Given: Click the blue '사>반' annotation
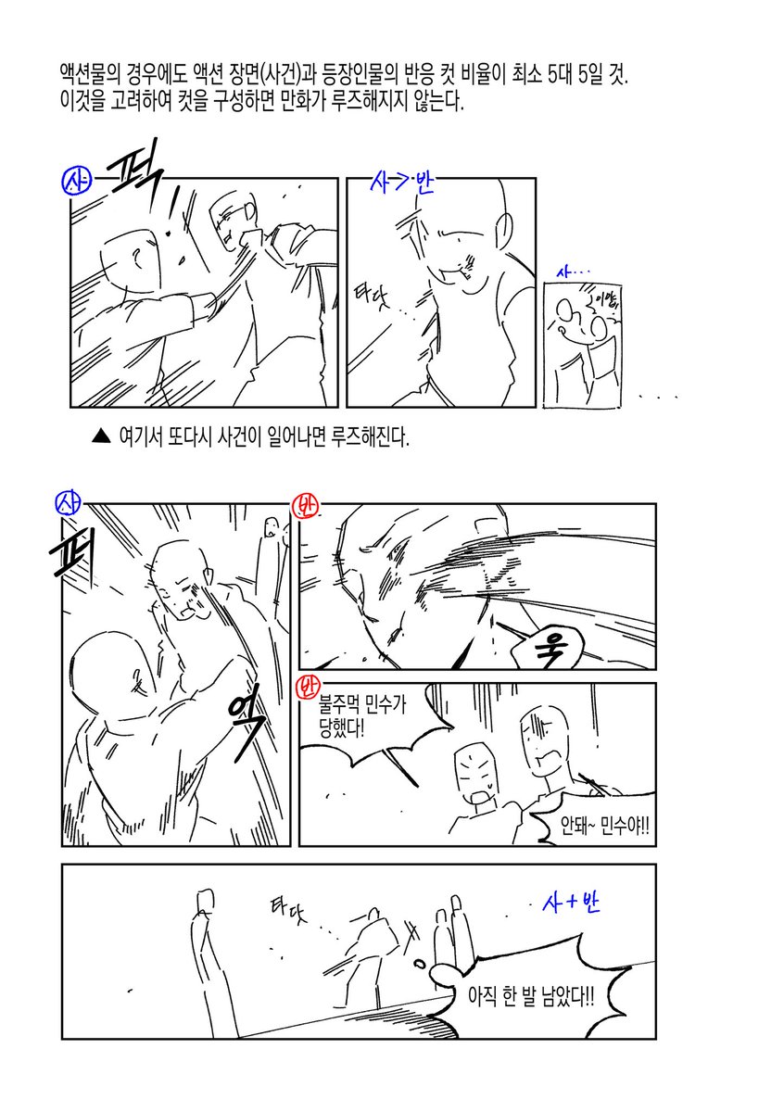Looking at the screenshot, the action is pos(400,181).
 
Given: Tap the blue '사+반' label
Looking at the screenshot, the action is pos(571,902).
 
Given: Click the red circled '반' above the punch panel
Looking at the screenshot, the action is pos(306,507).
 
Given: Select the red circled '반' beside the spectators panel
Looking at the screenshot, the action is pos(305,689).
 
